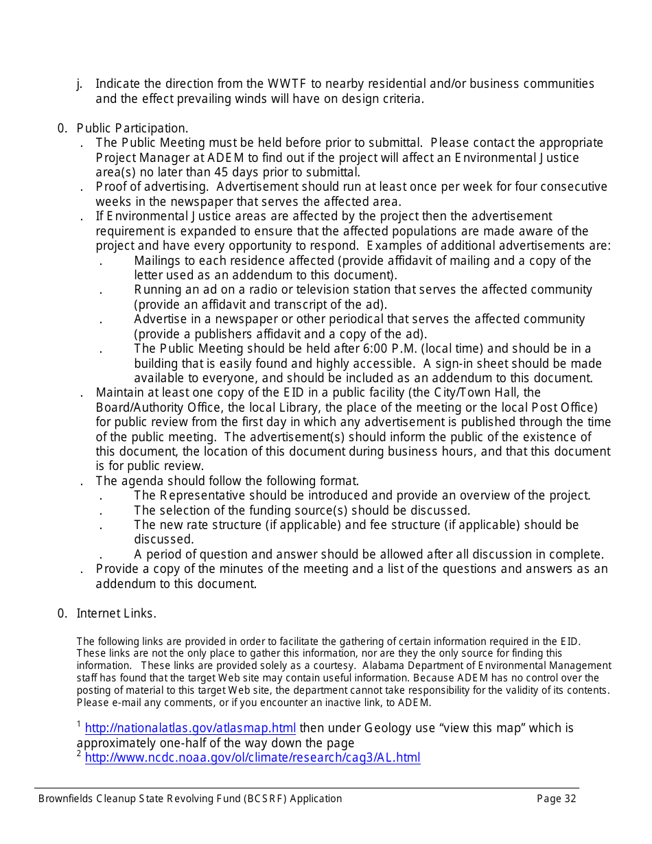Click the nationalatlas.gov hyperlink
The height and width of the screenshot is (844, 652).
pos(190,729)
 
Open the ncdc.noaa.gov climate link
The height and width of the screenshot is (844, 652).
pos(252,758)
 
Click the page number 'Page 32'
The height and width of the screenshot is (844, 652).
pos(556,799)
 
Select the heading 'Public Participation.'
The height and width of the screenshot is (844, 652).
pos(132,128)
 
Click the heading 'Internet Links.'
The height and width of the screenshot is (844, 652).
pos(116,613)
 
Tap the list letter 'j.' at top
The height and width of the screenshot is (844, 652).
pos(80,84)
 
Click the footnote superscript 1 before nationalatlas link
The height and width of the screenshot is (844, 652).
pos(79,725)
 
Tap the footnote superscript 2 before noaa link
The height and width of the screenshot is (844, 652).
pos(79,754)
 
